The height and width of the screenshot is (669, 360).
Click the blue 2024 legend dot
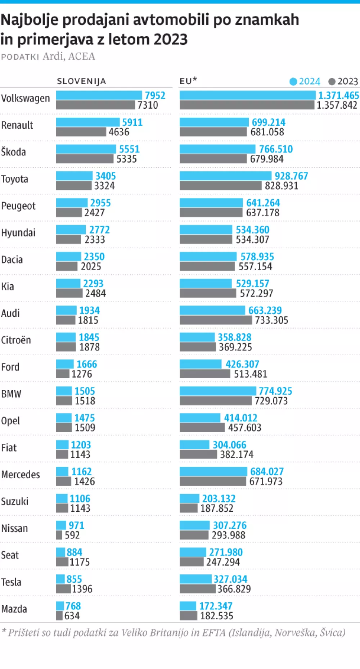click(293, 82)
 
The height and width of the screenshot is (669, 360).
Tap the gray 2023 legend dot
click(332, 82)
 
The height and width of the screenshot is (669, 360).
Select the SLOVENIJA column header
click(81, 81)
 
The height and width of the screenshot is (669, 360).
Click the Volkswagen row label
click(25, 98)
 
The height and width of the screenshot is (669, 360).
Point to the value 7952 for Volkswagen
click(155, 95)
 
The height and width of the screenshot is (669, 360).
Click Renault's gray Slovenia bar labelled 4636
click(81, 132)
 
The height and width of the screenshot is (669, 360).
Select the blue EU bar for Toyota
click(225, 176)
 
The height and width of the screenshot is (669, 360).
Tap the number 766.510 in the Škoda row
click(276, 149)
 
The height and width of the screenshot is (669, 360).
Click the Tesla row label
click(11, 582)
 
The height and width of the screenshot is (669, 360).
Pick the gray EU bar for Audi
click(216, 320)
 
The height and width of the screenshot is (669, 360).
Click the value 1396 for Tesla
click(82, 589)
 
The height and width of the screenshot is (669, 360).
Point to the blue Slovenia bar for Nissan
click(61, 525)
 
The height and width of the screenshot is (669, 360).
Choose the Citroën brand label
click(16, 340)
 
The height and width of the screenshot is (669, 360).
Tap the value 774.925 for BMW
click(275, 391)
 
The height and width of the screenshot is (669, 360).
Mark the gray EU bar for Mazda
click(188, 616)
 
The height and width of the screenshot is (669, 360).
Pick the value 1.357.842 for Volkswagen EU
click(337, 105)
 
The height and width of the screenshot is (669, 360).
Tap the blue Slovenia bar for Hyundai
click(71, 230)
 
